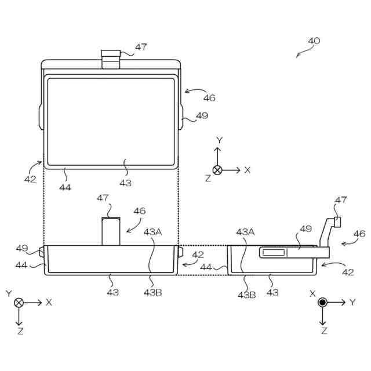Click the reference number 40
click(x=314, y=41)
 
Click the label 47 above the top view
click(x=141, y=47)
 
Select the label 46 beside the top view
click(x=209, y=98)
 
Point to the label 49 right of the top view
click(x=202, y=115)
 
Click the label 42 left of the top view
click(x=30, y=179)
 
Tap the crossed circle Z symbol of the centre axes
click(x=217, y=170)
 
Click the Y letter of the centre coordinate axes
click(x=219, y=140)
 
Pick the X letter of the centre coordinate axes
click(x=248, y=170)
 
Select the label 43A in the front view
click(x=152, y=231)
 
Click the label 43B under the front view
click(x=152, y=292)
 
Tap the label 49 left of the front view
click(x=21, y=248)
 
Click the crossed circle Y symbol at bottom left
click(x=19, y=302)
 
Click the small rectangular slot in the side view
click(x=272, y=252)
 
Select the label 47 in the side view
click(x=341, y=200)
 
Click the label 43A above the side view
click(x=245, y=231)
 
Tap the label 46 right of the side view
click(x=359, y=234)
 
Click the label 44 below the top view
click(x=65, y=187)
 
